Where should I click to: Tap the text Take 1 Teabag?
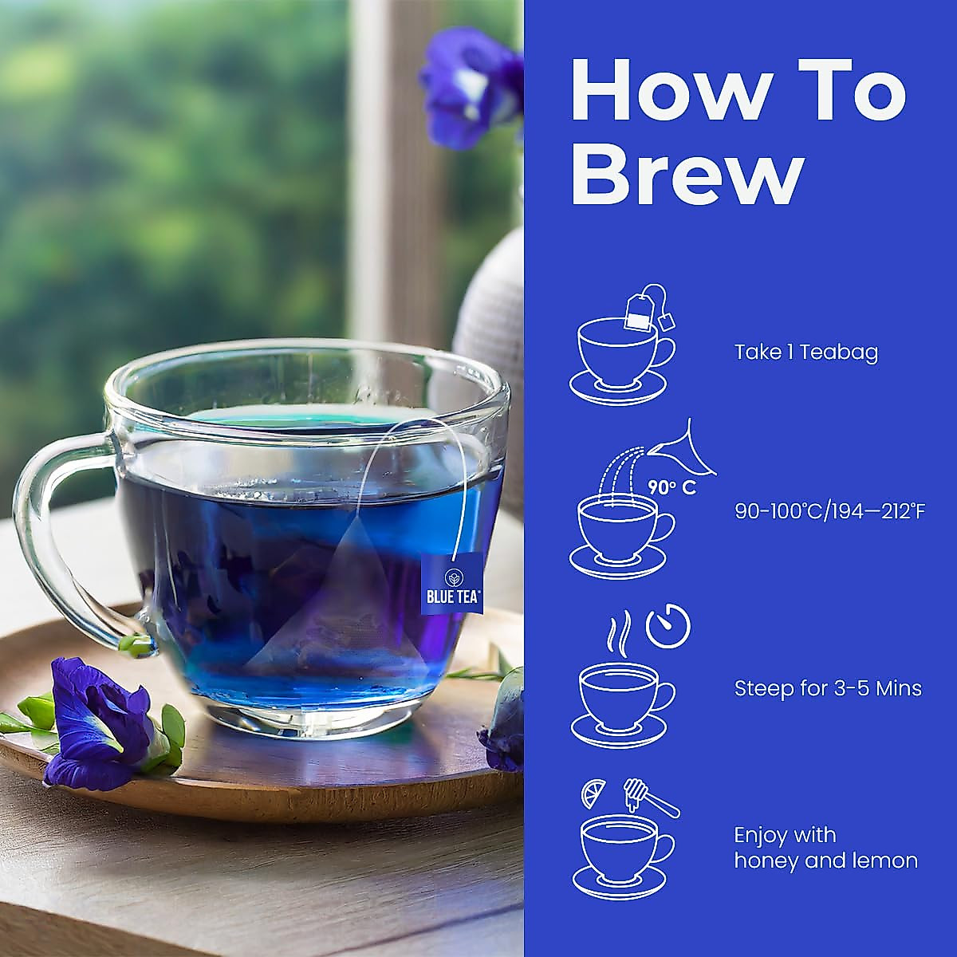[805, 352]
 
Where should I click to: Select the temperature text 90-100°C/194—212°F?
[829, 511]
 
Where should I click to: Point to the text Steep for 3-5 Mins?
[828, 688]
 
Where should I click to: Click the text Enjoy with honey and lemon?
[825, 849]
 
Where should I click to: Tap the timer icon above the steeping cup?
[668, 628]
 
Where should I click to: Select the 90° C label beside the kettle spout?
[671, 488]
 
